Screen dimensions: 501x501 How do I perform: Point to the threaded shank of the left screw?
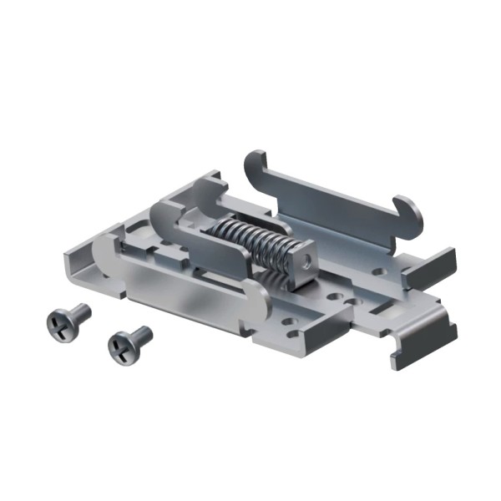pos(78,313)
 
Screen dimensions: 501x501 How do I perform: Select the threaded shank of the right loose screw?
pos(142,335)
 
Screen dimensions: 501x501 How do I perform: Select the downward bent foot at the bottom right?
pos(417,351)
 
